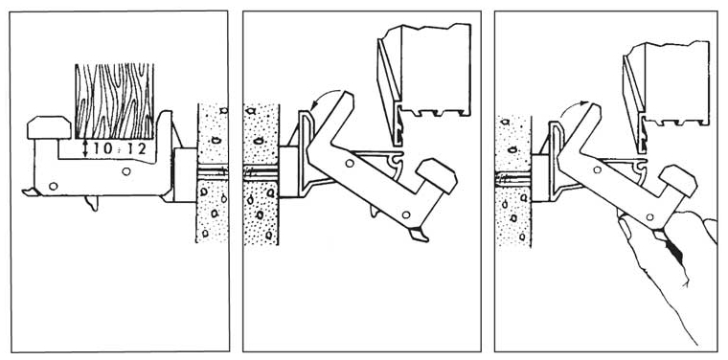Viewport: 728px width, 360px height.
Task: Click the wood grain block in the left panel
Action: tap(114, 101)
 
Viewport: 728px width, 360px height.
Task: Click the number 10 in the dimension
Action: tap(102, 149)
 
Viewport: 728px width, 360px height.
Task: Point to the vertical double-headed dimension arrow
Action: tap(86, 149)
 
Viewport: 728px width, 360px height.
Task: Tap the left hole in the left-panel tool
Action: tap(53, 186)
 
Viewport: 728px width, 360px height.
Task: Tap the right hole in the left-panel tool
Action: tap(125, 171)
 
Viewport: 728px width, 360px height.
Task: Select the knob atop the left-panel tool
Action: tap(49, 127)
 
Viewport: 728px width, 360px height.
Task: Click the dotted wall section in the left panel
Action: tap(213, 172)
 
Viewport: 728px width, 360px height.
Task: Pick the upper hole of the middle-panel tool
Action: tap(350, 164)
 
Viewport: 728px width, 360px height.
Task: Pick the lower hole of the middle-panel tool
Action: tap(406, 214)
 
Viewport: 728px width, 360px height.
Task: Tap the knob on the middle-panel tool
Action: tap(437, 175)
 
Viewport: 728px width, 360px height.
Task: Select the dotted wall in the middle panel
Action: tap(261, 174)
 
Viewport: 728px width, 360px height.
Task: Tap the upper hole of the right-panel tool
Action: tap(598, 169)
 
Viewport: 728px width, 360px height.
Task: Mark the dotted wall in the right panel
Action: tap(513, 181)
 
